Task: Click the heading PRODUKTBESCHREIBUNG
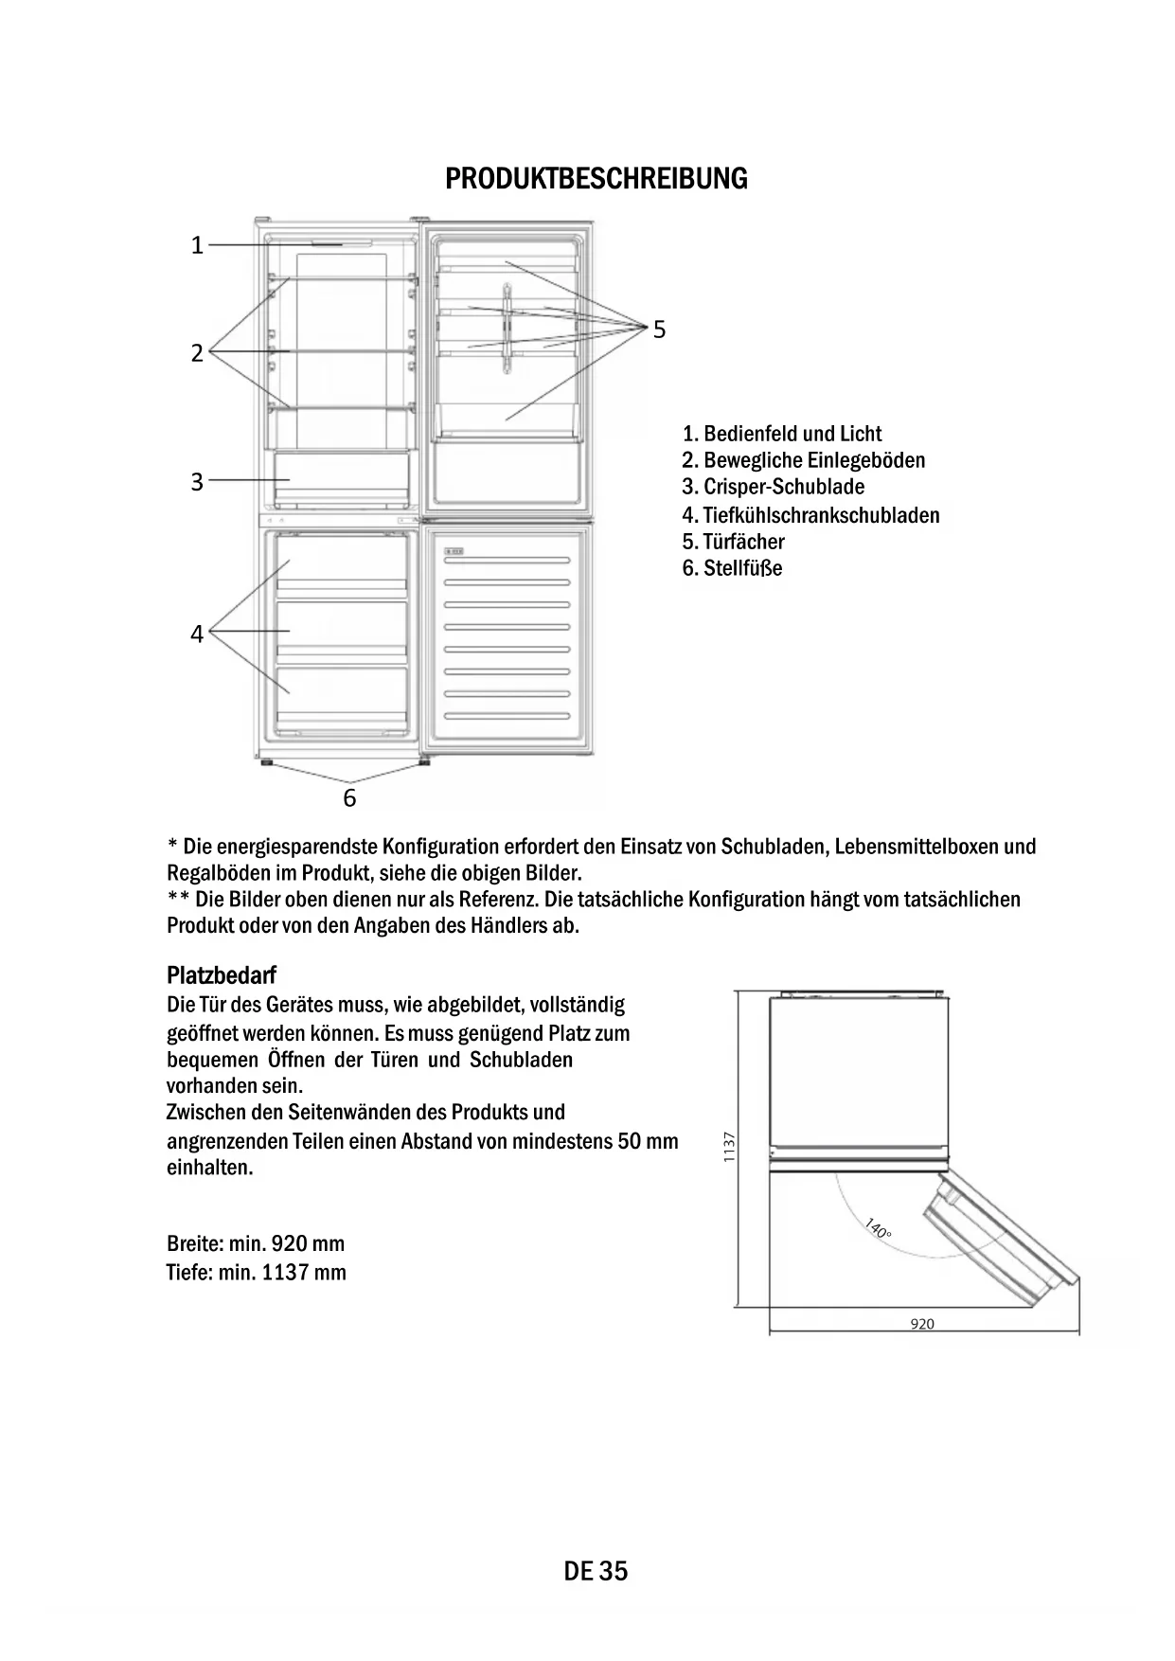[x=596, y=178]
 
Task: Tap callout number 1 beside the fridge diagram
[x=197, y=245]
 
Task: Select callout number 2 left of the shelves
[x=197, y=353]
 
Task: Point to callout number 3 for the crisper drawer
[x=197, y=482]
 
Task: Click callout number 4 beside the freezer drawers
[x=197, y=634]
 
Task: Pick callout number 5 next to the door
[x=659, y=330]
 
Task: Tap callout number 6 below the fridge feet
[x=349, y=798]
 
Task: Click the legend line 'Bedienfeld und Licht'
[x=782, y=434]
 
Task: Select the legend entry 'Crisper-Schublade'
[x=773, y=487]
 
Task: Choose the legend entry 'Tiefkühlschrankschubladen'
[x=810, y=515]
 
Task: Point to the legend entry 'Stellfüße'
[x=732, y=568]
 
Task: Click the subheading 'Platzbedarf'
[x=221, y=974]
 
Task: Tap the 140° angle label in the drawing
[x=878, y=1229]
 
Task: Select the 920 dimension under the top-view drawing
[x=921, y=1324]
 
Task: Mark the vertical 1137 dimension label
[x=728, y=1147]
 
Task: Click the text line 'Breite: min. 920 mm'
[x=256, y=1243]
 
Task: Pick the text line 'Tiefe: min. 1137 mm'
[x=256, y=1272]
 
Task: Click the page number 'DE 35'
[x=596, y=1571]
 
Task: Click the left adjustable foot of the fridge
[x=267, y=761]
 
